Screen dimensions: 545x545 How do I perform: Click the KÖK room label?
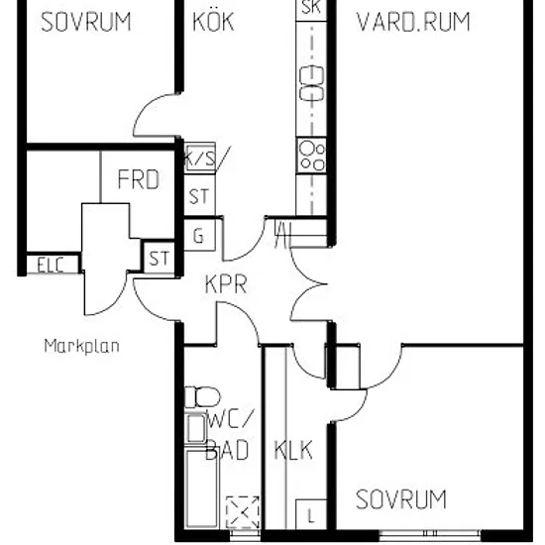coord(213,22)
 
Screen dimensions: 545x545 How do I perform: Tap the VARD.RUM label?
coord(413,22)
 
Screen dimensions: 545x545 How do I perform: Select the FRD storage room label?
coord(139,179)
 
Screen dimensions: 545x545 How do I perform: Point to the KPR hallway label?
coord(226,284)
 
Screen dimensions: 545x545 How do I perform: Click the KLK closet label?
coord(293,450)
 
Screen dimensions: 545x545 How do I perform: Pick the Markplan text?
coord(82,346)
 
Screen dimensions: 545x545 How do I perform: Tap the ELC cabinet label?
coord(51,265)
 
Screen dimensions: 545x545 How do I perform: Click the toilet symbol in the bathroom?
coord(202,397)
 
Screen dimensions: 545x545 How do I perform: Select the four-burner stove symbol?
coord(312,156)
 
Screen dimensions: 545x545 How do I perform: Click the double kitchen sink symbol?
coord(311,83)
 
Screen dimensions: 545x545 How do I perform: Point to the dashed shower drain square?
coord(243,512)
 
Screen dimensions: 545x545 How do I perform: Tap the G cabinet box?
coord(199,235)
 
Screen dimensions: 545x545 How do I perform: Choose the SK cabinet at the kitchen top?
coord(311,10)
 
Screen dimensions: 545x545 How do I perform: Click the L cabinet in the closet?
coord(311,514)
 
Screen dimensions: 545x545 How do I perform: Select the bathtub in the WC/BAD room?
coord(201,488)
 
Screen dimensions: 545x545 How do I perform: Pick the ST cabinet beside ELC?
coord(159,258)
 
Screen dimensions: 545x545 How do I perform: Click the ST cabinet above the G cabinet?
coord(199,195)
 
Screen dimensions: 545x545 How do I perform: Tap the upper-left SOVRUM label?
coord(86,22)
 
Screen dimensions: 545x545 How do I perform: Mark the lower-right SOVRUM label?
coord(401,499)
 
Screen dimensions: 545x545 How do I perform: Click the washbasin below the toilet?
coord(196,429)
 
